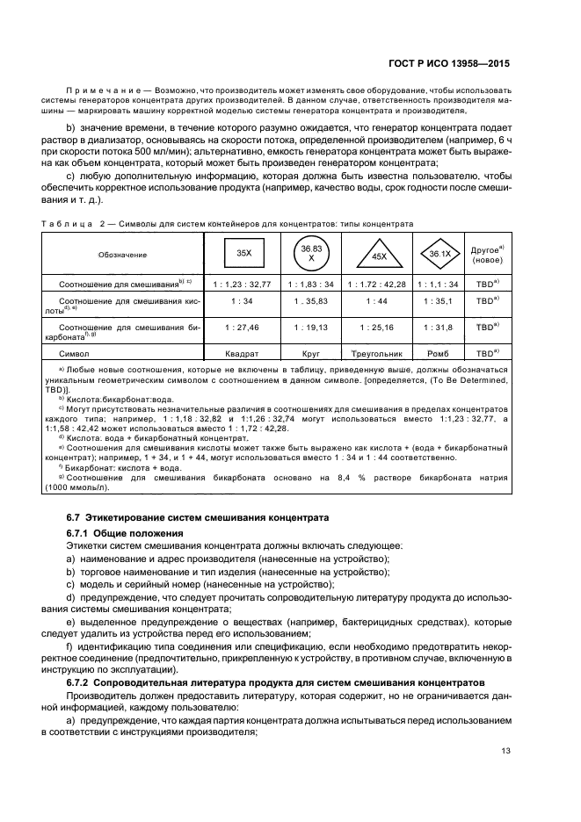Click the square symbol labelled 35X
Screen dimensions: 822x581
tap(244, 254)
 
